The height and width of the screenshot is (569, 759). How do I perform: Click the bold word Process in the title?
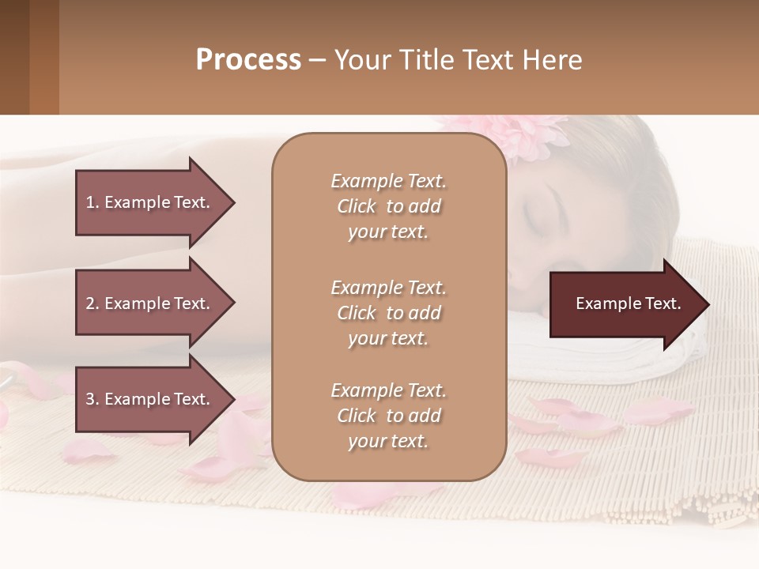pyautogui.click(x=248, y=60)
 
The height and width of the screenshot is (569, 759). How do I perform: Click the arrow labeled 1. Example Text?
pyautogui.click(x=150, y=202)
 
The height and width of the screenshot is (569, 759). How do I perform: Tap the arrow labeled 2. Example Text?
pyautogui.click(x=150, y=303)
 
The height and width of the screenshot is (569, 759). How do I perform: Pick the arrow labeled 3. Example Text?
pyautogui.click(x=150, y=399)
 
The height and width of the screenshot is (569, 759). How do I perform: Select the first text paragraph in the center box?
pyautogui.click(x=388, y=206)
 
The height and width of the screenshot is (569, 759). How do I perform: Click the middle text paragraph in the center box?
pyautogui.click(x=388, y=313)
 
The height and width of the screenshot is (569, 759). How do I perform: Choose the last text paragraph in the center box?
pyautogui.click(x=388, y=416)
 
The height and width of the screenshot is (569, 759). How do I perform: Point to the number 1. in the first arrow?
pyautogui.click(x=93, y=202)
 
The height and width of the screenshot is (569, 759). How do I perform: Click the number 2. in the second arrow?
pyautogui.click(x=93, y=303)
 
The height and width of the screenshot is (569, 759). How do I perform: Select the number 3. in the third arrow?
pyautogui.click(x=93, y=399)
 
